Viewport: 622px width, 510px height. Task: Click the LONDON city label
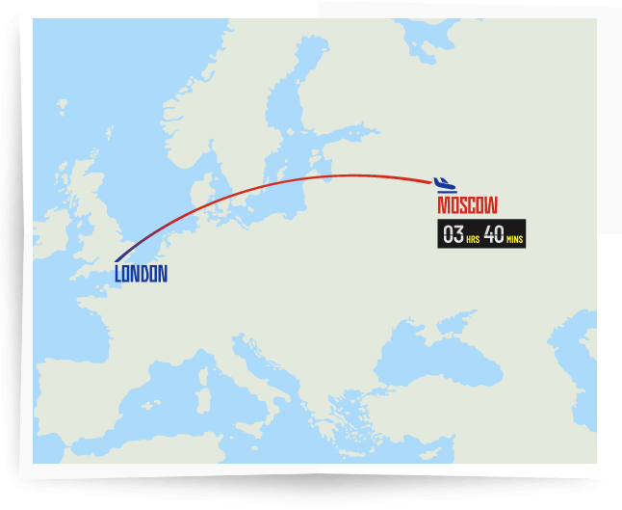click(141, 274)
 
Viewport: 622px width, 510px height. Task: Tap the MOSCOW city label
click(467, 205)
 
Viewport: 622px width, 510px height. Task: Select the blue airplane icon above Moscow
click(444, 184)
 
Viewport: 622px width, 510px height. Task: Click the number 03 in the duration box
click(453, 234)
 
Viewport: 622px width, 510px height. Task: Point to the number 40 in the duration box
click(493, 234)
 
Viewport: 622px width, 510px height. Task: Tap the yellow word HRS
click(473, 238)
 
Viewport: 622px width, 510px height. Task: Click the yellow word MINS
click(515, 238)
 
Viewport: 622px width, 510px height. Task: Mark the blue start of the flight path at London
click(117, 259)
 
